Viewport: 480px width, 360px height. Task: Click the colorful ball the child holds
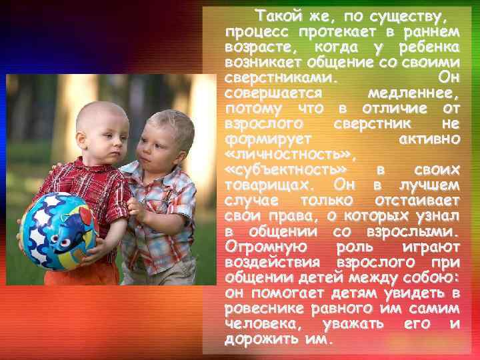coord(59,230)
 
